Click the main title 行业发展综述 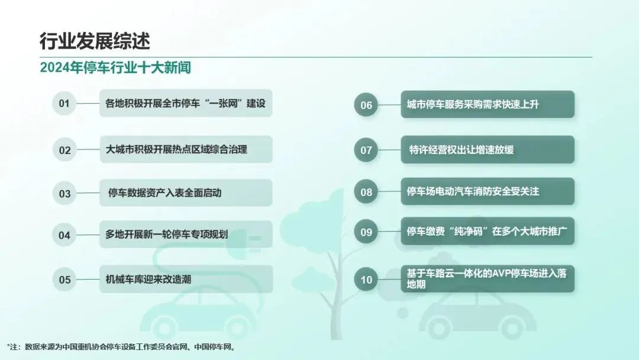[x=95, y=41]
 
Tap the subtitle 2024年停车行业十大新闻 [x=115, y=67]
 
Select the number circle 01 [x=64, y=104]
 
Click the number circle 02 [x=64, y=150]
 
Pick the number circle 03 [x=64, y=193]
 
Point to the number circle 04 [x=64, y=235]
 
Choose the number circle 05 [x=64, y=279]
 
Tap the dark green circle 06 [x=366, y=105]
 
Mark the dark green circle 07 [x=366, y=150]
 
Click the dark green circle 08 [x=366, y=192]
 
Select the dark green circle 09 [x=366, y=232]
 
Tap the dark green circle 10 [x=366, y=279]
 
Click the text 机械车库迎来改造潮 [x=149, y=279]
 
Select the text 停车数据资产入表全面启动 [x=164, y=192]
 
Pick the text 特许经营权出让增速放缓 [x=461, y=150]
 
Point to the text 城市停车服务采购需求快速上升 [x=473, y=104]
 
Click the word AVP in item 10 [x=502, y=273]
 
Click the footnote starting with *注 [x=121, y=347]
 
